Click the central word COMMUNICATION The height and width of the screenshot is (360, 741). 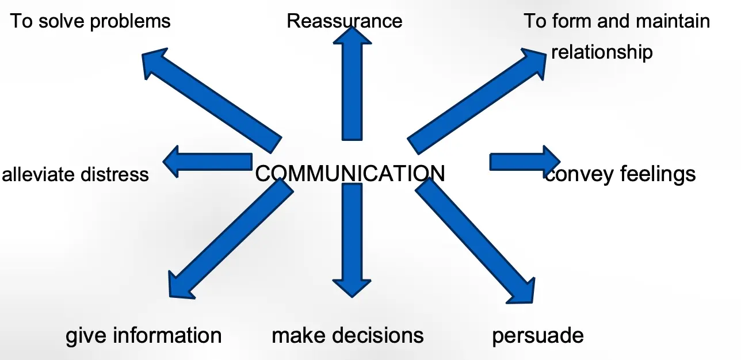[350, 173]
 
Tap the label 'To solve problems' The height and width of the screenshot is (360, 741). [90, 21]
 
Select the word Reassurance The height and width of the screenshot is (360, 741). [345, 21]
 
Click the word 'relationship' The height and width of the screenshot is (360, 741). [602, 52]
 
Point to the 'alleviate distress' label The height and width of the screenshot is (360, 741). [75, 174]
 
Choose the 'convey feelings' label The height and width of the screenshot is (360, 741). [620, 174]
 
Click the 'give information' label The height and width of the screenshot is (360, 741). [143, 335]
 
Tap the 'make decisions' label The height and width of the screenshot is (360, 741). [347, 335]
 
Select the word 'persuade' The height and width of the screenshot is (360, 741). [537, 335]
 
